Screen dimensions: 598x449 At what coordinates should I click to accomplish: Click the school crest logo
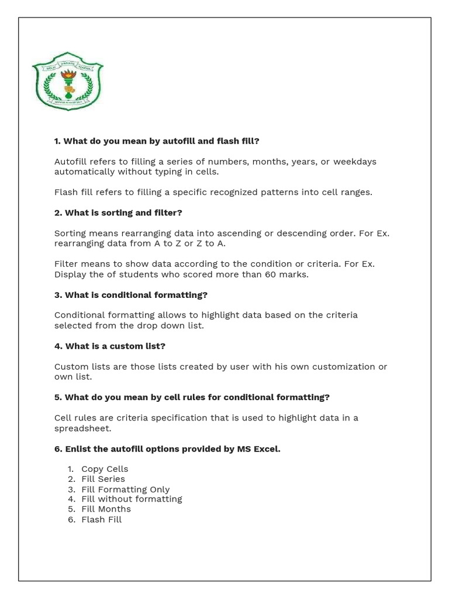[67, 81]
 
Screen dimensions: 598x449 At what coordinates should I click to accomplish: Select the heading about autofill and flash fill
[157, 141]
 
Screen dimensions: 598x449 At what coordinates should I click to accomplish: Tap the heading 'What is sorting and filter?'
[118, 213]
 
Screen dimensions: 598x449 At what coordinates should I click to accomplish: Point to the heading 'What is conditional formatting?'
[131, 294]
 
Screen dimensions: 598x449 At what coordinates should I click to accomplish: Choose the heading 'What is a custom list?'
[110, 346]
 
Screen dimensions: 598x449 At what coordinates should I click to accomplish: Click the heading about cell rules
[192, 397]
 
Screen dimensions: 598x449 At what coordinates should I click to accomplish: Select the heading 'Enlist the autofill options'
[167, 448]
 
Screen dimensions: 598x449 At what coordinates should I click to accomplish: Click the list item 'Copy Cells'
[105, 469]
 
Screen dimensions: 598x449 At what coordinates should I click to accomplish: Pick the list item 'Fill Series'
[103, 479]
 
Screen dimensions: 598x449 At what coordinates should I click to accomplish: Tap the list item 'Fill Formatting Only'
[125, 489]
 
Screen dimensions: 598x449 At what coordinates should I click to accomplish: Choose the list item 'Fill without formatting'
[132, 499]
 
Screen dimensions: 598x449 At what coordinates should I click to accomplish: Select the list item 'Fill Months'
[106, 509]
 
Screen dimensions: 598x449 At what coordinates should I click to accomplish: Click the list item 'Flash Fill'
[101, 519]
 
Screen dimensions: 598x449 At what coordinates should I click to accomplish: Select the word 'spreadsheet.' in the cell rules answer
[82, 428]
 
